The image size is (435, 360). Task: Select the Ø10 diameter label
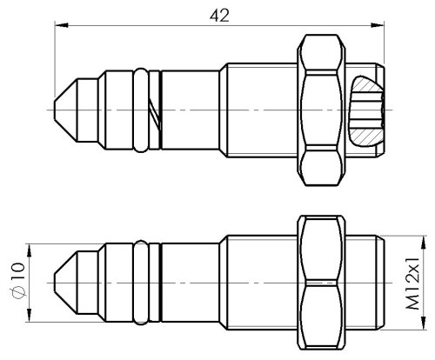17,278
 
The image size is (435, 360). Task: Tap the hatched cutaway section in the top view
364,112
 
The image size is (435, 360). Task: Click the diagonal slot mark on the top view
155,111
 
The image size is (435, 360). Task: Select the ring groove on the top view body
142,110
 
